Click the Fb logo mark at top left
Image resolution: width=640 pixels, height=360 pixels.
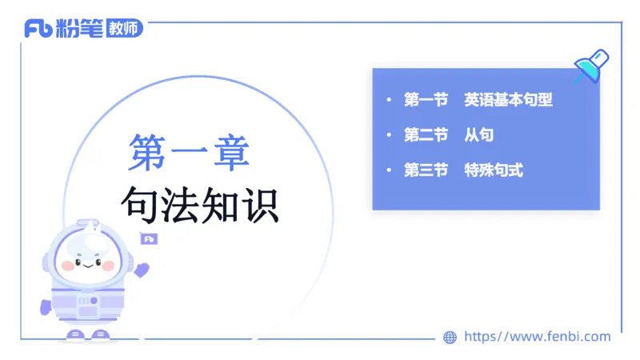39,29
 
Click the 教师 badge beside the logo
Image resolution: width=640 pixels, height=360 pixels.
125,29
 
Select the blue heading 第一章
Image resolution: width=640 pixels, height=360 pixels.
189,152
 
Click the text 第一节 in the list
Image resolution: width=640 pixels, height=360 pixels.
426,100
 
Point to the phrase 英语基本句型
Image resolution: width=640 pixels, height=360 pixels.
509,100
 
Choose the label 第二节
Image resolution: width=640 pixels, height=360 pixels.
426,135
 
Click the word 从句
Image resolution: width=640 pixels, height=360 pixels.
478,135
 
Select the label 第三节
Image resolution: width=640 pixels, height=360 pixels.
426,170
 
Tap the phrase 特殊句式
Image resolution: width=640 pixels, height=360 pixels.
494,170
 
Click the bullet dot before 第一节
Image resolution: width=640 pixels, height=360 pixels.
389,101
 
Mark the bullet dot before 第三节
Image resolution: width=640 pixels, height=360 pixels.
389,170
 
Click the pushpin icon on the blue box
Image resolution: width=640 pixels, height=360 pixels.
591,66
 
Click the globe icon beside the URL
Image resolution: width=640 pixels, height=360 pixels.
450,338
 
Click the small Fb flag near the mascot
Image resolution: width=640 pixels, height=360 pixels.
149,238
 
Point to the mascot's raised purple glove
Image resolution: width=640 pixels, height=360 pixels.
141,269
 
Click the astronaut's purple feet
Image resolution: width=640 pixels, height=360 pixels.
87,334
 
